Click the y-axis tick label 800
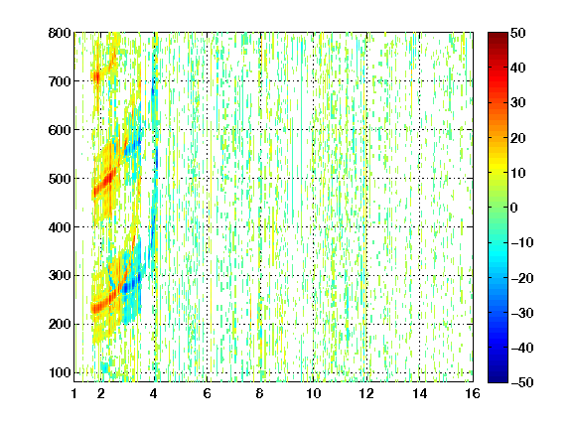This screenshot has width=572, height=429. [x=60, y=33]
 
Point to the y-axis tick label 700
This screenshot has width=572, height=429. [x=60, y=81]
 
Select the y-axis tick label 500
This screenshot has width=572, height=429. [x=60, y=179]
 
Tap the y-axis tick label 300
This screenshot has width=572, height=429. [x=60, y=276]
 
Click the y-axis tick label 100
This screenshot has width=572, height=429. [x=60, y=372]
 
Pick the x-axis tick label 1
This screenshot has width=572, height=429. [x=74, y=393]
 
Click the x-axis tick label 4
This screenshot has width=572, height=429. [x=154, y=393]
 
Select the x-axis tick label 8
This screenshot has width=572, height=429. [x=260, y=393]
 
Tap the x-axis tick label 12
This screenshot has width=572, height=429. [x=366, y=393]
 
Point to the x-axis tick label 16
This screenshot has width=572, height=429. [x=473, y=393]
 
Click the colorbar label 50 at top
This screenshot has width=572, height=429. [x=518, y=33]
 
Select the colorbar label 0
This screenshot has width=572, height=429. [x=514, y=208]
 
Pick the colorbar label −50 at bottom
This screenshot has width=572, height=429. [x=522, y=382]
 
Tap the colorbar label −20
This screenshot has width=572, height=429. [x=522, y=278]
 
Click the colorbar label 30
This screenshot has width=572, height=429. [x=518, y=103]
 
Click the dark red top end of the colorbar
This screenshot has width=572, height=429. [x=498, y=35]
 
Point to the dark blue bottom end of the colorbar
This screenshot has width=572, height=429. [x=498, y=379]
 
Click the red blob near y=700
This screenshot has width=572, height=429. [x=96, y=77]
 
